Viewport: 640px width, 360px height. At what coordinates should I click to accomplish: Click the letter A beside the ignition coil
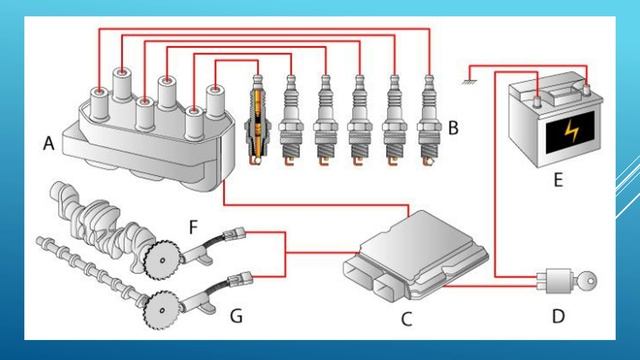point(49,143)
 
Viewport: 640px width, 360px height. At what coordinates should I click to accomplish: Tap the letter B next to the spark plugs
point(453,128)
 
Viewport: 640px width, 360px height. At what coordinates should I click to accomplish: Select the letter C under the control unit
point(407,319)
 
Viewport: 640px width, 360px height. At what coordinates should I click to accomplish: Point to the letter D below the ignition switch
point(558,316)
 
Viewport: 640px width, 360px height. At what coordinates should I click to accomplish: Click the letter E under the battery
point(558,180)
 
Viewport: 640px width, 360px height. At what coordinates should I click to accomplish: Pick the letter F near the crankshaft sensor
point(193,227)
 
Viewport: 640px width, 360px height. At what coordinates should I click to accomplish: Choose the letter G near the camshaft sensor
point(236,316)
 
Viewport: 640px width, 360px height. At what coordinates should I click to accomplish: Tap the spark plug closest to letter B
point(429,121)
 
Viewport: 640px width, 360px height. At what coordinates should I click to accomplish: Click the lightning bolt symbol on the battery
point(571,131)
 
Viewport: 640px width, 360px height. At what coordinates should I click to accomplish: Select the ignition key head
point(588,281)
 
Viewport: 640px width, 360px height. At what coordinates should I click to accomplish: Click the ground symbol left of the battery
point(469,82)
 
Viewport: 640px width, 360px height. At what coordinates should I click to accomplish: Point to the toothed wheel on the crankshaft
point(162,260)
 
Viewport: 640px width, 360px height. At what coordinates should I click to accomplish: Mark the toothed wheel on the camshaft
point(162,310)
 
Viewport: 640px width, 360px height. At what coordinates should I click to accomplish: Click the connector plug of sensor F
point(234,233)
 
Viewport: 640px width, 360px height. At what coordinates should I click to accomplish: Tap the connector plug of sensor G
point(240,280)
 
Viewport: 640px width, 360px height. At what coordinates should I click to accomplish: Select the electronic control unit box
point(416,256)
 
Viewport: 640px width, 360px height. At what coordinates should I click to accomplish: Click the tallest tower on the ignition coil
point(123,84)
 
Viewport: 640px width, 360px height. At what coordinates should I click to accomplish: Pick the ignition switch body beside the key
point(558,281)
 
